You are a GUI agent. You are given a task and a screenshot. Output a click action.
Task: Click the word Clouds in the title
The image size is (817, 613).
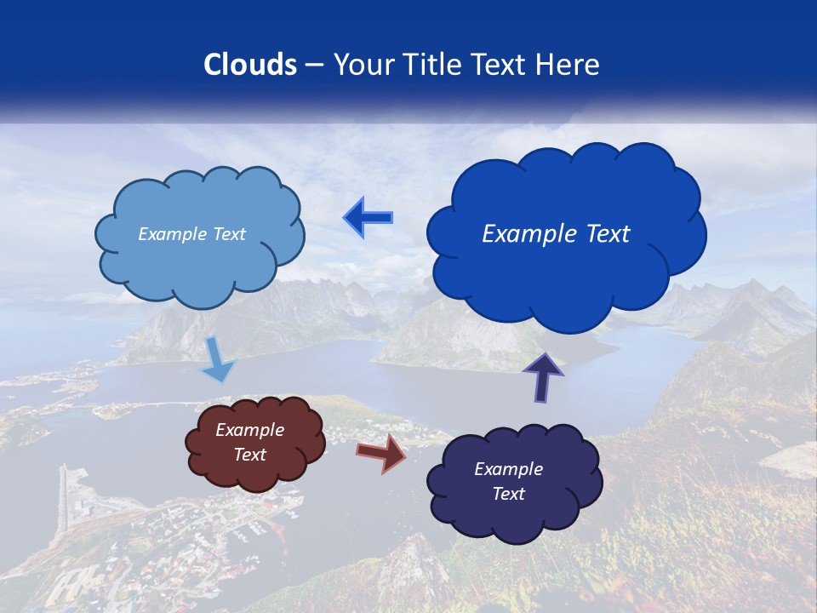click(x=250, y=65)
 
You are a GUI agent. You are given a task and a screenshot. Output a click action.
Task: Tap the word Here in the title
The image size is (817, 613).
click(x=568, y=65)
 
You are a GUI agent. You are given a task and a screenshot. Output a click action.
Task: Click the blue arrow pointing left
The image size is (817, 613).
click(x=368, y=218)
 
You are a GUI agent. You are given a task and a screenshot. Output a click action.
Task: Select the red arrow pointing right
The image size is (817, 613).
click(x=381, y=452)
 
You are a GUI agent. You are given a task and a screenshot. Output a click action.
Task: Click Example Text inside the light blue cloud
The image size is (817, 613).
click(x=191, y=233)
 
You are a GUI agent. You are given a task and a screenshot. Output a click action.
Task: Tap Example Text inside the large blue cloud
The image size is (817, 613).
click(x=556, y=233)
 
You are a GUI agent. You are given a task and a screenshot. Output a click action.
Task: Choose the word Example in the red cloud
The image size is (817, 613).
click(x=250, y=430)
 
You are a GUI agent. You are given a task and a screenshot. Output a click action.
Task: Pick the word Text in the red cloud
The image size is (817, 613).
click(x=250, y=455)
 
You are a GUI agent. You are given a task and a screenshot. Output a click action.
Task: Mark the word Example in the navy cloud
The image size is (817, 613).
click(x=508, y=469)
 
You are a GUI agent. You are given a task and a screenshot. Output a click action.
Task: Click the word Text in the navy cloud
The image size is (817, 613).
click(x=508, y=494)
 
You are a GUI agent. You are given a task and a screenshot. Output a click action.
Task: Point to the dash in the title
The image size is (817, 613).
click(x=313, y=65)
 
